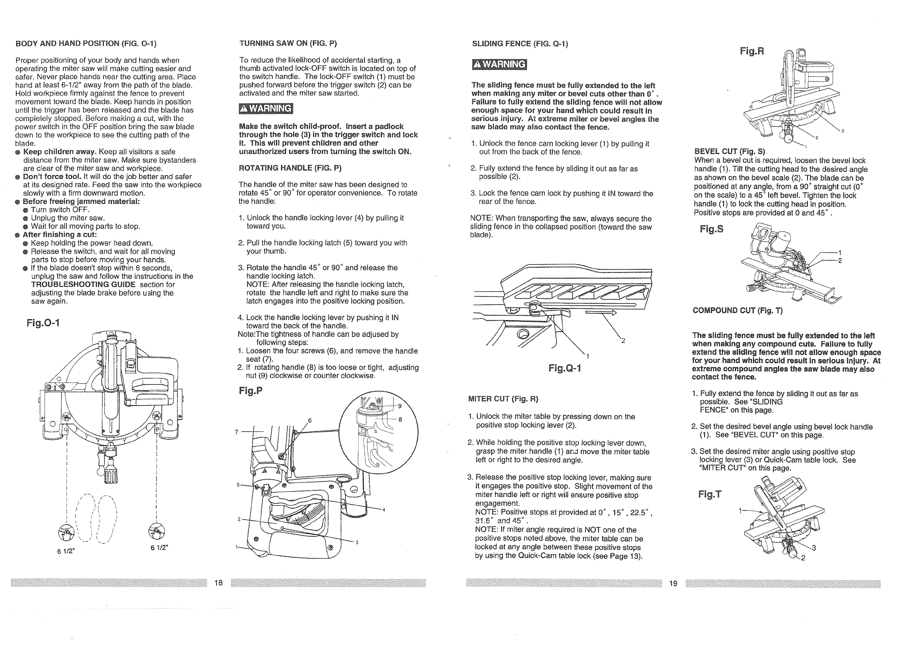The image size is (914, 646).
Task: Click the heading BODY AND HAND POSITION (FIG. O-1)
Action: (x=86, y=43)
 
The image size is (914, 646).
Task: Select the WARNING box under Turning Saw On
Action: (x=266, y=109)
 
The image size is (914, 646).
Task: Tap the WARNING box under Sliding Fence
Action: (x=499, y=65)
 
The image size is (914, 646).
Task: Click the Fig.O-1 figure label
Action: (x=43, y=323)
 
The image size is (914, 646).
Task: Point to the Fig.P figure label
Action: (x=250, y=391)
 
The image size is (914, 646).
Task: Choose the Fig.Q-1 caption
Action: (x=565, y=368)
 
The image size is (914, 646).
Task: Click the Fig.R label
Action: (x=751, y=51)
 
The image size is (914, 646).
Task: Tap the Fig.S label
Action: (x=711, y=229)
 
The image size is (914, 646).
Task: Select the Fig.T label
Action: (x=710, y=494)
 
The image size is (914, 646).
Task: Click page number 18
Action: (x=219, y=583)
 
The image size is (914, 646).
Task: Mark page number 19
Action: (x=673, y=583)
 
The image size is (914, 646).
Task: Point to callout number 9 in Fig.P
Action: (x=400, y=406)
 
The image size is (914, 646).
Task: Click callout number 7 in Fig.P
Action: (x=236, y=432)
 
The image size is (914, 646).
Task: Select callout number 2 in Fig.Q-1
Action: (x=623, y=341)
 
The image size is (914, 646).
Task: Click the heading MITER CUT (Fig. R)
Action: (x=503, y=399)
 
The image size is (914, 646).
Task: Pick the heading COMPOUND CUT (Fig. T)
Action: (x=737, y=311)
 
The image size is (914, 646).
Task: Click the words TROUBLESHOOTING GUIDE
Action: (x=83, y=285)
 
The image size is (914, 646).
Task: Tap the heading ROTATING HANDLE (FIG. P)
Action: (x=290, y=168)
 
